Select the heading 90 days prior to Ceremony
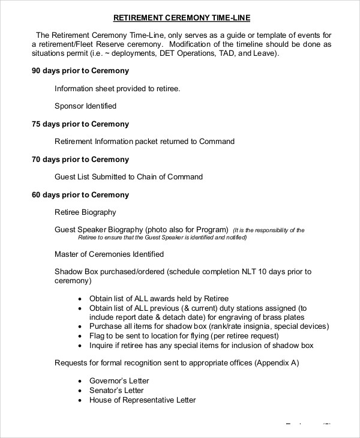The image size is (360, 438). pos(80,71)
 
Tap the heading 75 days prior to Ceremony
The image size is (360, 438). pos(80,124)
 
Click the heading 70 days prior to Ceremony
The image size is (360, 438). pos(80,160)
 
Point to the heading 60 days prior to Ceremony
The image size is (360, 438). pos(80,195)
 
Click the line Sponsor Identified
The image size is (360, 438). pos(85,106)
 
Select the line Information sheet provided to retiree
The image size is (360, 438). pos(117,89)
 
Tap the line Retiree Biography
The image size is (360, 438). pos(85,212)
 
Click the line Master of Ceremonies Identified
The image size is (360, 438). pos(109,254)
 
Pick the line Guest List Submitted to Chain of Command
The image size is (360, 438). pos(128,177)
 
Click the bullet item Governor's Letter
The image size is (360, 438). pos(119,381)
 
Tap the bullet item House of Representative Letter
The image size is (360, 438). pos(142,400)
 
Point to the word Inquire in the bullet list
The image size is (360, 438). pos(102,346)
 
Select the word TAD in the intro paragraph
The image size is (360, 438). pos(220,53)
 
